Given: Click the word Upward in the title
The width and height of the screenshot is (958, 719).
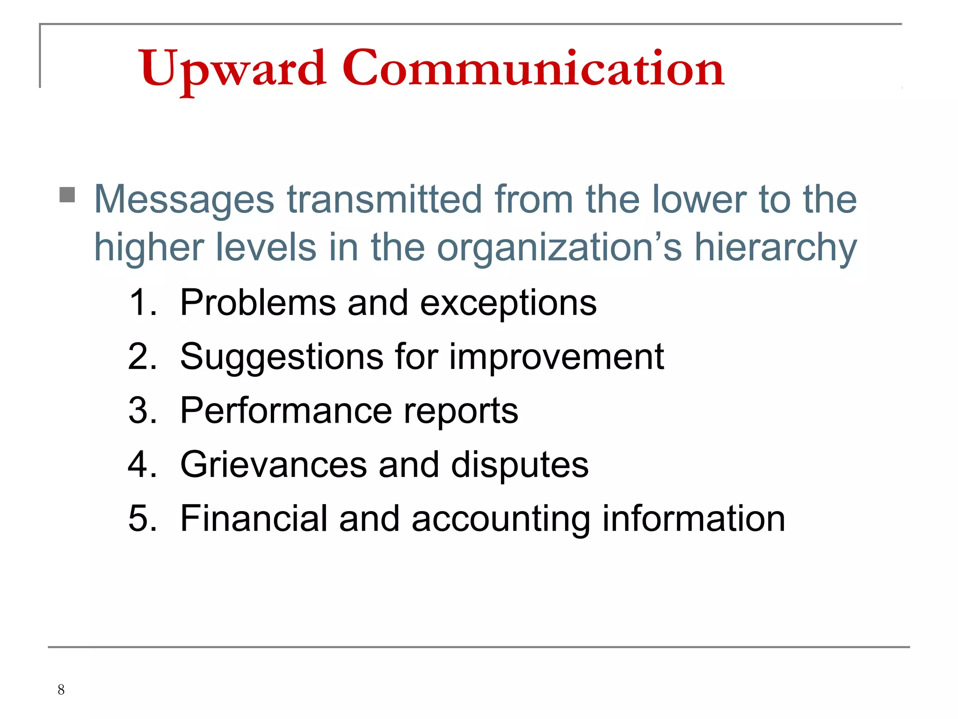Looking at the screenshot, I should (x=232, y=69).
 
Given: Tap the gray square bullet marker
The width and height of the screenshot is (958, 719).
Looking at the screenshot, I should (x=67, y=195).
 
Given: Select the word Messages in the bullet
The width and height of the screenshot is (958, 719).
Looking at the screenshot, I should (x=184, y=200).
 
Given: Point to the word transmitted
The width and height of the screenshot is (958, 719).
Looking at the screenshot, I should (x=384, y=199).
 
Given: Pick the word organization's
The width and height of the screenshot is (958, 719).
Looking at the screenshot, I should (x=559, y=248).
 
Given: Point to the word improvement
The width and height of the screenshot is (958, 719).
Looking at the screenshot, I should (x=557, y=357).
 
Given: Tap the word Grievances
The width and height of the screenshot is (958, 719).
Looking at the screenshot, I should (x=274, y=464).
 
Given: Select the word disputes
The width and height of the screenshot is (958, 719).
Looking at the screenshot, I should (x=519, y=465).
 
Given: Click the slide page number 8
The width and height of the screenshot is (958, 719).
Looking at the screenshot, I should (x=61, y=690).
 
